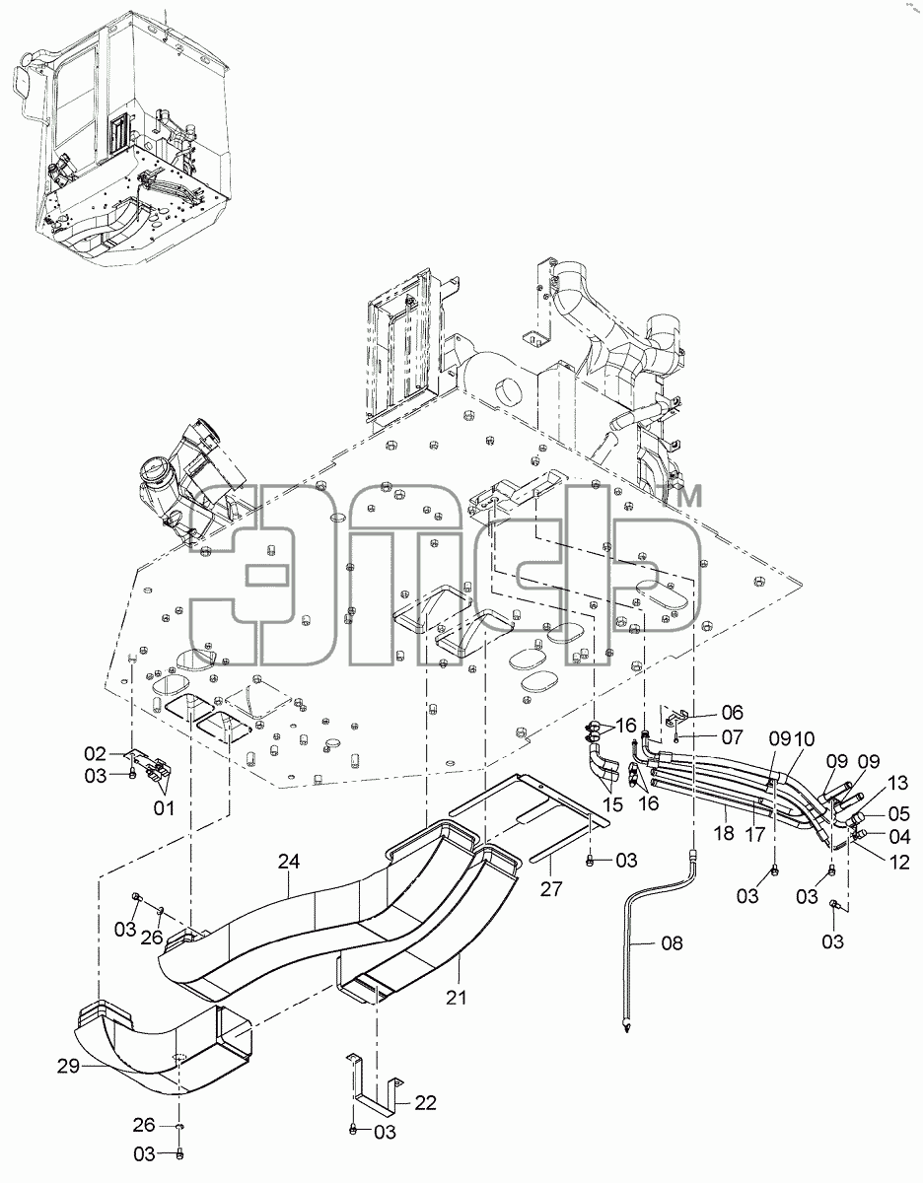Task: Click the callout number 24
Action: click(289, 862)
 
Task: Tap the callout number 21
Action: click(457, 998)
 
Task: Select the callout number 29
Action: click(69, 1066)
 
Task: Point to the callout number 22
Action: click(426, 1103)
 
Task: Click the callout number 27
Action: click(550, 889)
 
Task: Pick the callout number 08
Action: click(672, 942)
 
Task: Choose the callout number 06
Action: click(732, 712)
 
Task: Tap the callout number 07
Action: click(732, 737)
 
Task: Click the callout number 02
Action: click(96, 753)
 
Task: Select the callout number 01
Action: click(164, 808)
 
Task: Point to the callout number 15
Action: click(613, 804)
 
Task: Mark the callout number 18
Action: click(724, 832)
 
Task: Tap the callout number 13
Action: click(898, 783)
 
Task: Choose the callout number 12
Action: click(899, 862)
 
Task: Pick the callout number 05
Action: click(899, 814)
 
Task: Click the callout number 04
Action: click(899, 836)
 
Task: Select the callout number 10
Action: click(804, 738)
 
